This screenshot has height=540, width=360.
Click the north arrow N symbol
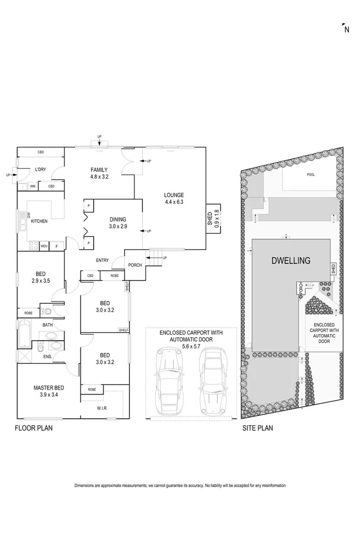(345, 29)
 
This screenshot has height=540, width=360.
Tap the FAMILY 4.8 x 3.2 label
(99, 173)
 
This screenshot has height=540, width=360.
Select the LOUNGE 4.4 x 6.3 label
(174, 198)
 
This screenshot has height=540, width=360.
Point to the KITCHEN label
(39, 221)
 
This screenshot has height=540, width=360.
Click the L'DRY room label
(40, 169)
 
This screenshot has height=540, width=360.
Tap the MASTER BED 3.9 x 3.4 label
(46, 391)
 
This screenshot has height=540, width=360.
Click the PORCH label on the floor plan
(135, 265)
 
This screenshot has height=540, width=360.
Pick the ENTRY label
(102, 261)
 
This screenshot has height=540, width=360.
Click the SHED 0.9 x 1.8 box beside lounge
(212, 219)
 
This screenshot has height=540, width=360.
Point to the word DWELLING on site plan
(291, 261)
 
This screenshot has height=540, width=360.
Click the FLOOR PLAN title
(34, 428)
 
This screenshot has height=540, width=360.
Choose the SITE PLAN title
(258, 428)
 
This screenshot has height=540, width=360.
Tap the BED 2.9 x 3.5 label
(41, 277)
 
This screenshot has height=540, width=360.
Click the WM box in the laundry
(33, 187)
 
